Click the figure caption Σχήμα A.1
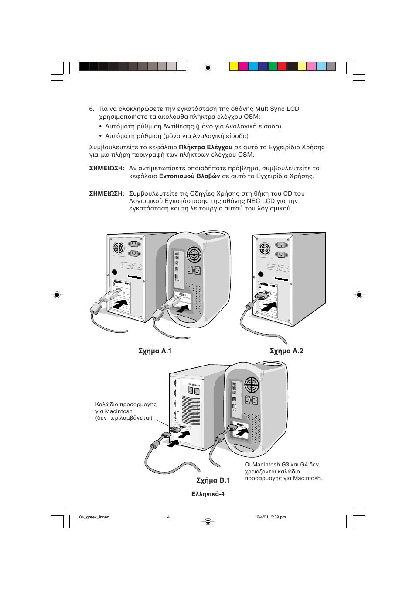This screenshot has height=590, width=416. tap(155, 352)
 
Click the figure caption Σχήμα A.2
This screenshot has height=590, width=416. tap(286, 352)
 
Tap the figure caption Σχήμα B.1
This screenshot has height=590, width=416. tap(213, 480)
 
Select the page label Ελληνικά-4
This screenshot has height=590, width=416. tap(208, 494)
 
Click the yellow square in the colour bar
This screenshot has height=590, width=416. tap(234, 66)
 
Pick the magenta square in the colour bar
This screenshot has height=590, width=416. tap(243, 66)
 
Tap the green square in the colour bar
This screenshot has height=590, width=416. tap(273, 66)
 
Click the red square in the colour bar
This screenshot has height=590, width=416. tap(283, 66)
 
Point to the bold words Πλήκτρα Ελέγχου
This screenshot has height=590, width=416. tap(205, 148)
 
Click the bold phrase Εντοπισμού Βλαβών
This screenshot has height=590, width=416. tap(190, 176)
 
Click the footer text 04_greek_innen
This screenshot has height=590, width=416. tap(94, 517)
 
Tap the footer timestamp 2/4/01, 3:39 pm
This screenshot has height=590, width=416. tap(271, 517)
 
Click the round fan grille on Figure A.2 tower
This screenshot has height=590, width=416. tap(265, 249)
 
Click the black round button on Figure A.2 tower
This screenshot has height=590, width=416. tap(261, 274)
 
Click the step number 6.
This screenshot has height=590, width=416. tap(92, 109)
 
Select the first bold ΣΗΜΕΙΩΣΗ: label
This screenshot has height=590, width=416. tap(106, 168)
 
